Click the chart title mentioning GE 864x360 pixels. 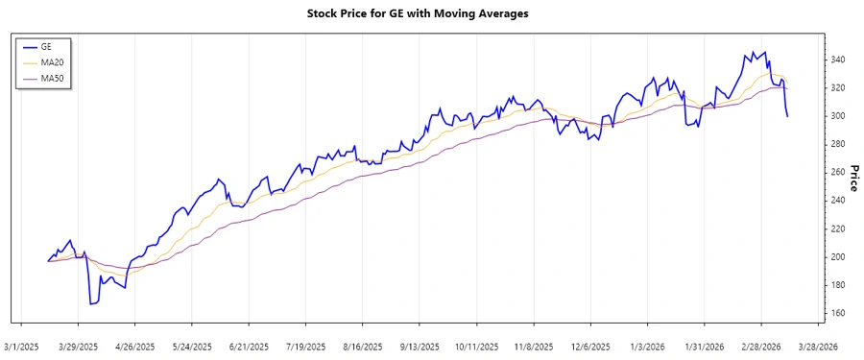point(431,13)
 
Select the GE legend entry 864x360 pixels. point(46,45)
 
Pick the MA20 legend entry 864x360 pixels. point(52,61)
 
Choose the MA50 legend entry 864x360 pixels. point(52,78)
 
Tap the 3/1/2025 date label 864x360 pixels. point(22,347)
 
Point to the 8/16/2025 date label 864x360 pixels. point(362,347)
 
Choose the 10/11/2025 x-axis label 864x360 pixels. point(476,347)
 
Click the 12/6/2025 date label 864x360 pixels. point(590,347)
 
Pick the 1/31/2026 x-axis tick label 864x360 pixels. point(705,347)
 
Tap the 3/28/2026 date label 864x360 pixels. point(819,347)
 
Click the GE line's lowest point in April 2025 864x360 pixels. point(91,304)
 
